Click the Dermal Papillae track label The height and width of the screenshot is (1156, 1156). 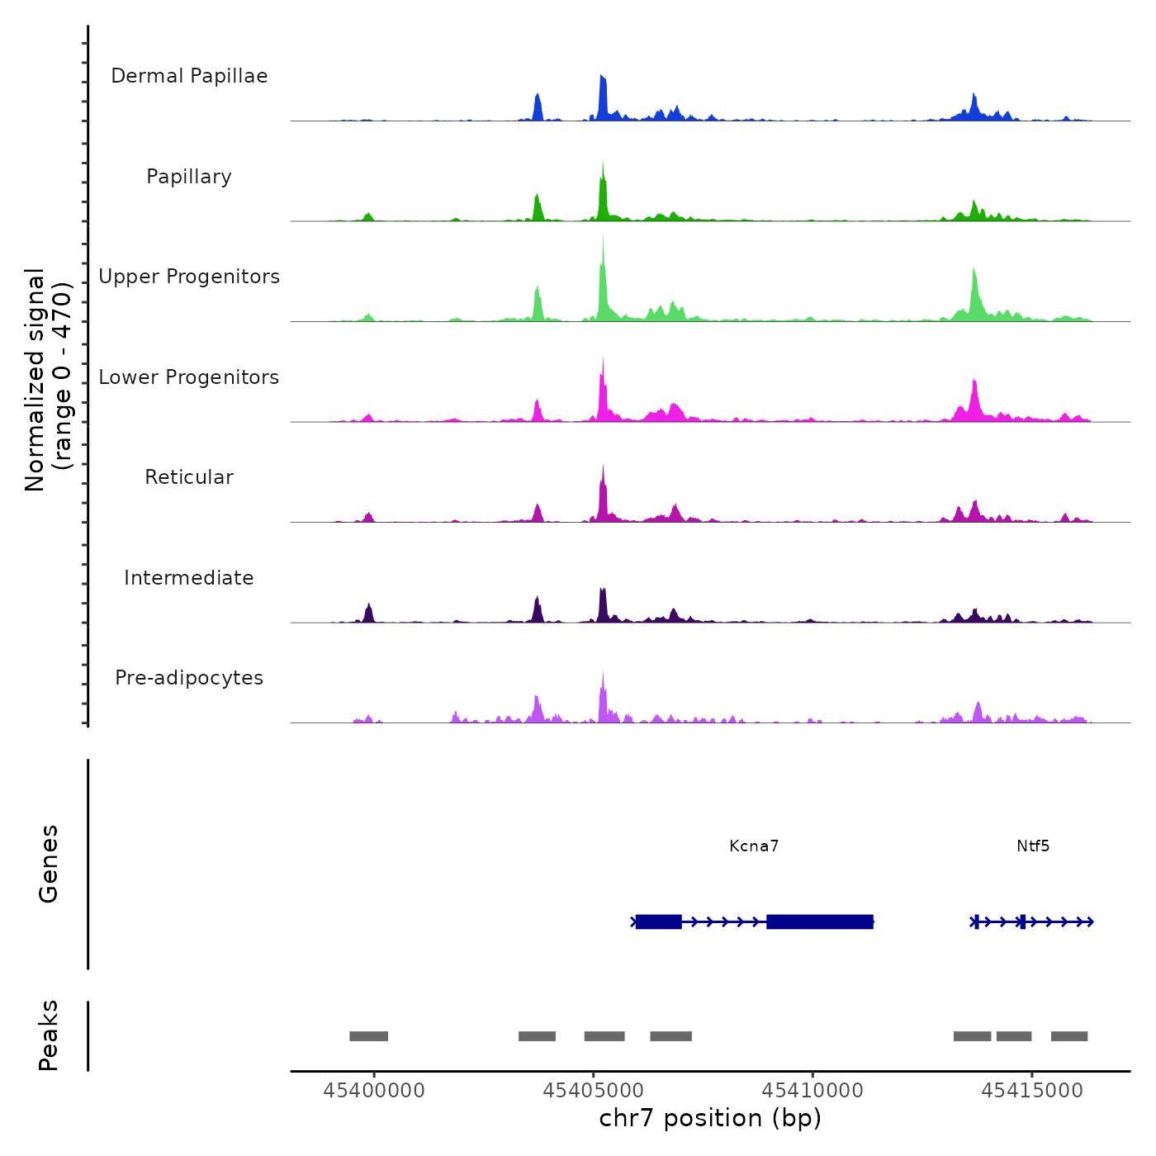189,76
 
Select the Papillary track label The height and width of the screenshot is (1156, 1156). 189,177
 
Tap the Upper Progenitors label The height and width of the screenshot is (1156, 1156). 189,277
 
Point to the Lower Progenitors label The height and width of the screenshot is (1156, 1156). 189,377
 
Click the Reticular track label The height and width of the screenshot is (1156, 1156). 189,477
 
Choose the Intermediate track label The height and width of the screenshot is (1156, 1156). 189,578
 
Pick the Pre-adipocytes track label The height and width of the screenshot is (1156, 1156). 189,678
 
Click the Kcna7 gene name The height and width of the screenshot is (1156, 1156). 754,846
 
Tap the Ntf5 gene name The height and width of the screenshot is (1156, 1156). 1033,846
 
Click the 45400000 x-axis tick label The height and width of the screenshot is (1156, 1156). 374,1091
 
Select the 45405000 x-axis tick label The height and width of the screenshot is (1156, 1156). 594,1091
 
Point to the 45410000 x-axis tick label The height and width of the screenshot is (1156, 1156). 813,1091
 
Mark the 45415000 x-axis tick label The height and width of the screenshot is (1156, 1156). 1032,1091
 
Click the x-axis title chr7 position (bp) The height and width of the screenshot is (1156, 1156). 710,1118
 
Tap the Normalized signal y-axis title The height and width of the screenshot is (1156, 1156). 47,380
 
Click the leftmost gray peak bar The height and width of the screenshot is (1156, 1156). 368,1036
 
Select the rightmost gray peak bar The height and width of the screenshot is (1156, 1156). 1069,1036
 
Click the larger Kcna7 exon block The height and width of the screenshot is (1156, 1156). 820,921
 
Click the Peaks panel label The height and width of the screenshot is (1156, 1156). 49,1035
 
